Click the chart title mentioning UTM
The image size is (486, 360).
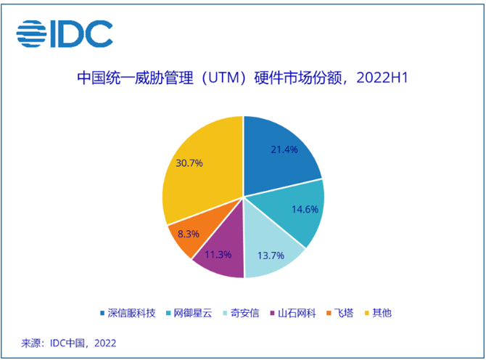(243, 78)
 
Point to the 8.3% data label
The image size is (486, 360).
(189, 235)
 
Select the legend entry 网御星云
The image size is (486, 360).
(189, 313)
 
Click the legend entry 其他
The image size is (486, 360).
(382, 313)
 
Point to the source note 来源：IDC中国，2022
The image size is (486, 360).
(69, 343)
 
